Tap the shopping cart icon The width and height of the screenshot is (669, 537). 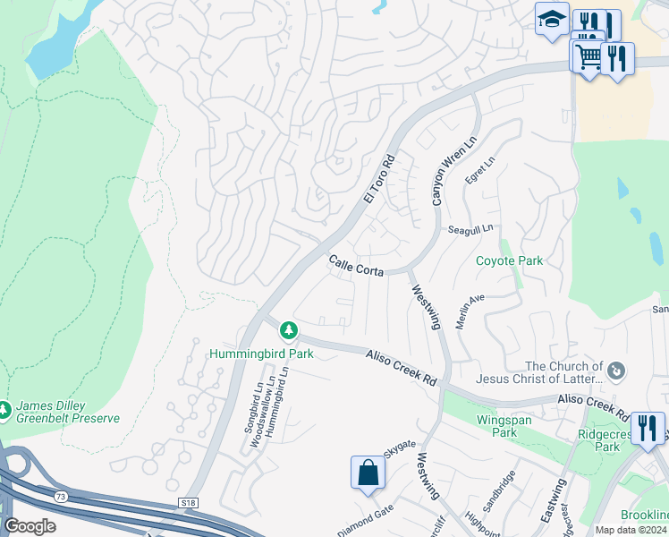click(x=588, y=56)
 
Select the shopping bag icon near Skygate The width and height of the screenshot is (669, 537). click(x=368, y=473)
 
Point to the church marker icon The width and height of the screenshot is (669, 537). click(x=615, y=370)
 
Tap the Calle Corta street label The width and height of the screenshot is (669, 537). click(x=356, y=266)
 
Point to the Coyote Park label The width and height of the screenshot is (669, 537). click(x=509, y=260)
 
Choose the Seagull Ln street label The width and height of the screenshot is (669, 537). click(x=470, y=229)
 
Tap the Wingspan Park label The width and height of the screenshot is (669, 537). click(x=492, y=425)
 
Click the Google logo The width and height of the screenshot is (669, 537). click(x=30, y=525)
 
